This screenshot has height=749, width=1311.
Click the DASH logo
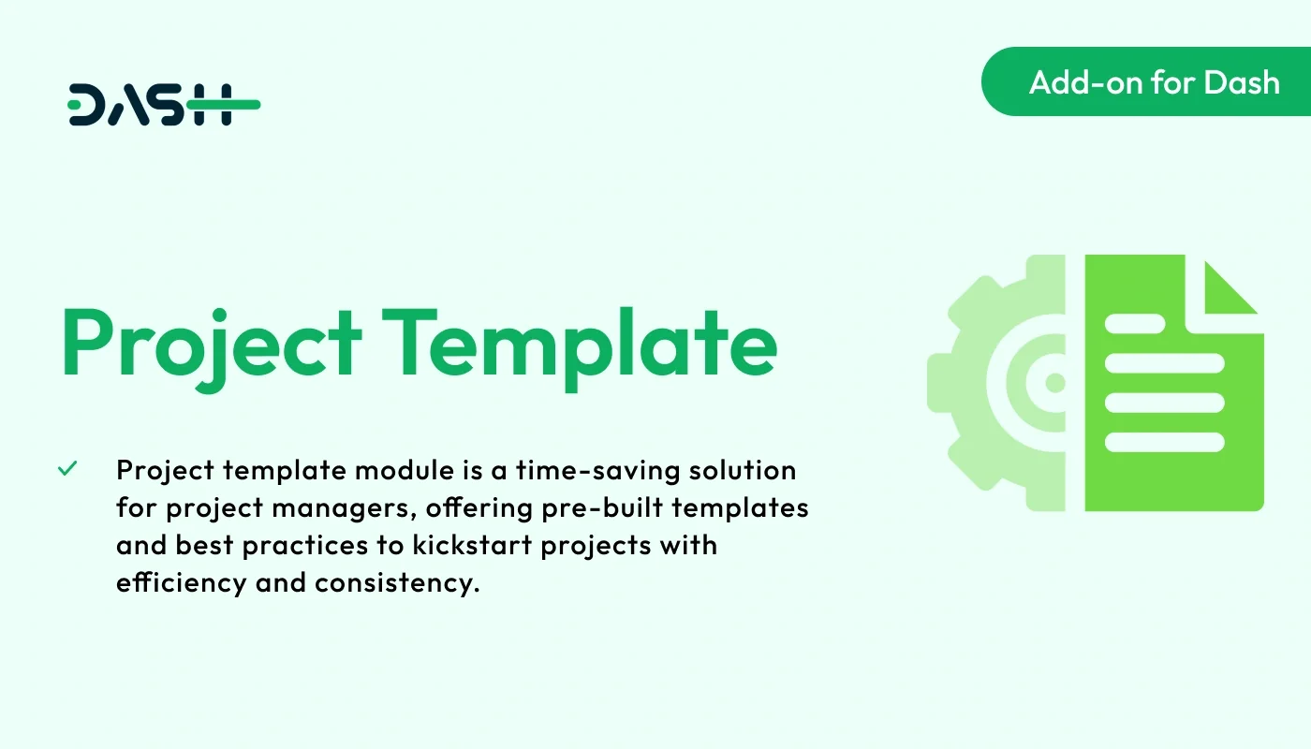coord(164,105)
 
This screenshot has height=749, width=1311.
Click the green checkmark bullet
coord(67,469)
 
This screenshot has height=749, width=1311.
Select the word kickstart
coord(417,545)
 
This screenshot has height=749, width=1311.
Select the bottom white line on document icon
coord(1165,441)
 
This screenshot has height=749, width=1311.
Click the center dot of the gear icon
coord(1055,383)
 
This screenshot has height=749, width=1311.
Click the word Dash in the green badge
coord(1241,82)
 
